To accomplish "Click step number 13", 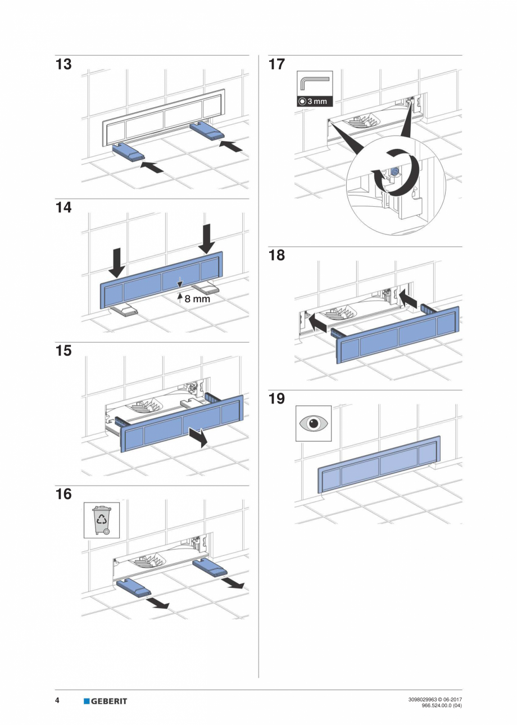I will coord(64,65).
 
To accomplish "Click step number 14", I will coord(64,208).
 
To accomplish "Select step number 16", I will coord(64,495).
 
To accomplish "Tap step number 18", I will coord(277,256).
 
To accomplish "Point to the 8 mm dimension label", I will coord(197,299).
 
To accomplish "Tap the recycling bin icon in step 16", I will coord(102,520).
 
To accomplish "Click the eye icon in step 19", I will coord(314,423).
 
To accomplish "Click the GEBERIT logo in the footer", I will coord(105,701).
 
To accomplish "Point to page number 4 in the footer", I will coord(57,700).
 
